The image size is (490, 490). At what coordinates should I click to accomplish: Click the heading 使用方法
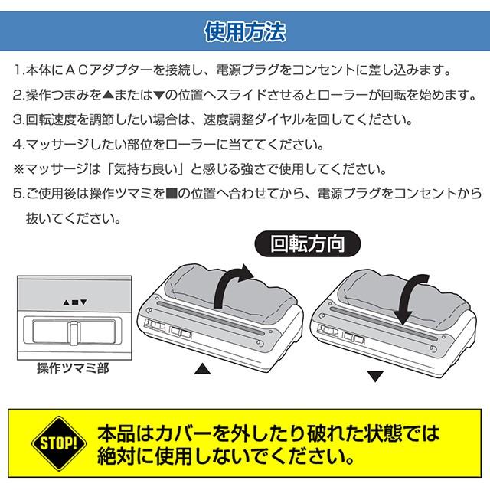245,32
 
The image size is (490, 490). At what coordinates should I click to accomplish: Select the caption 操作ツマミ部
73,368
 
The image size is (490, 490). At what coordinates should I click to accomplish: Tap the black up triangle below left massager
201,369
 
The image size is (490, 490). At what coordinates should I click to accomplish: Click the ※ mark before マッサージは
19,168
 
